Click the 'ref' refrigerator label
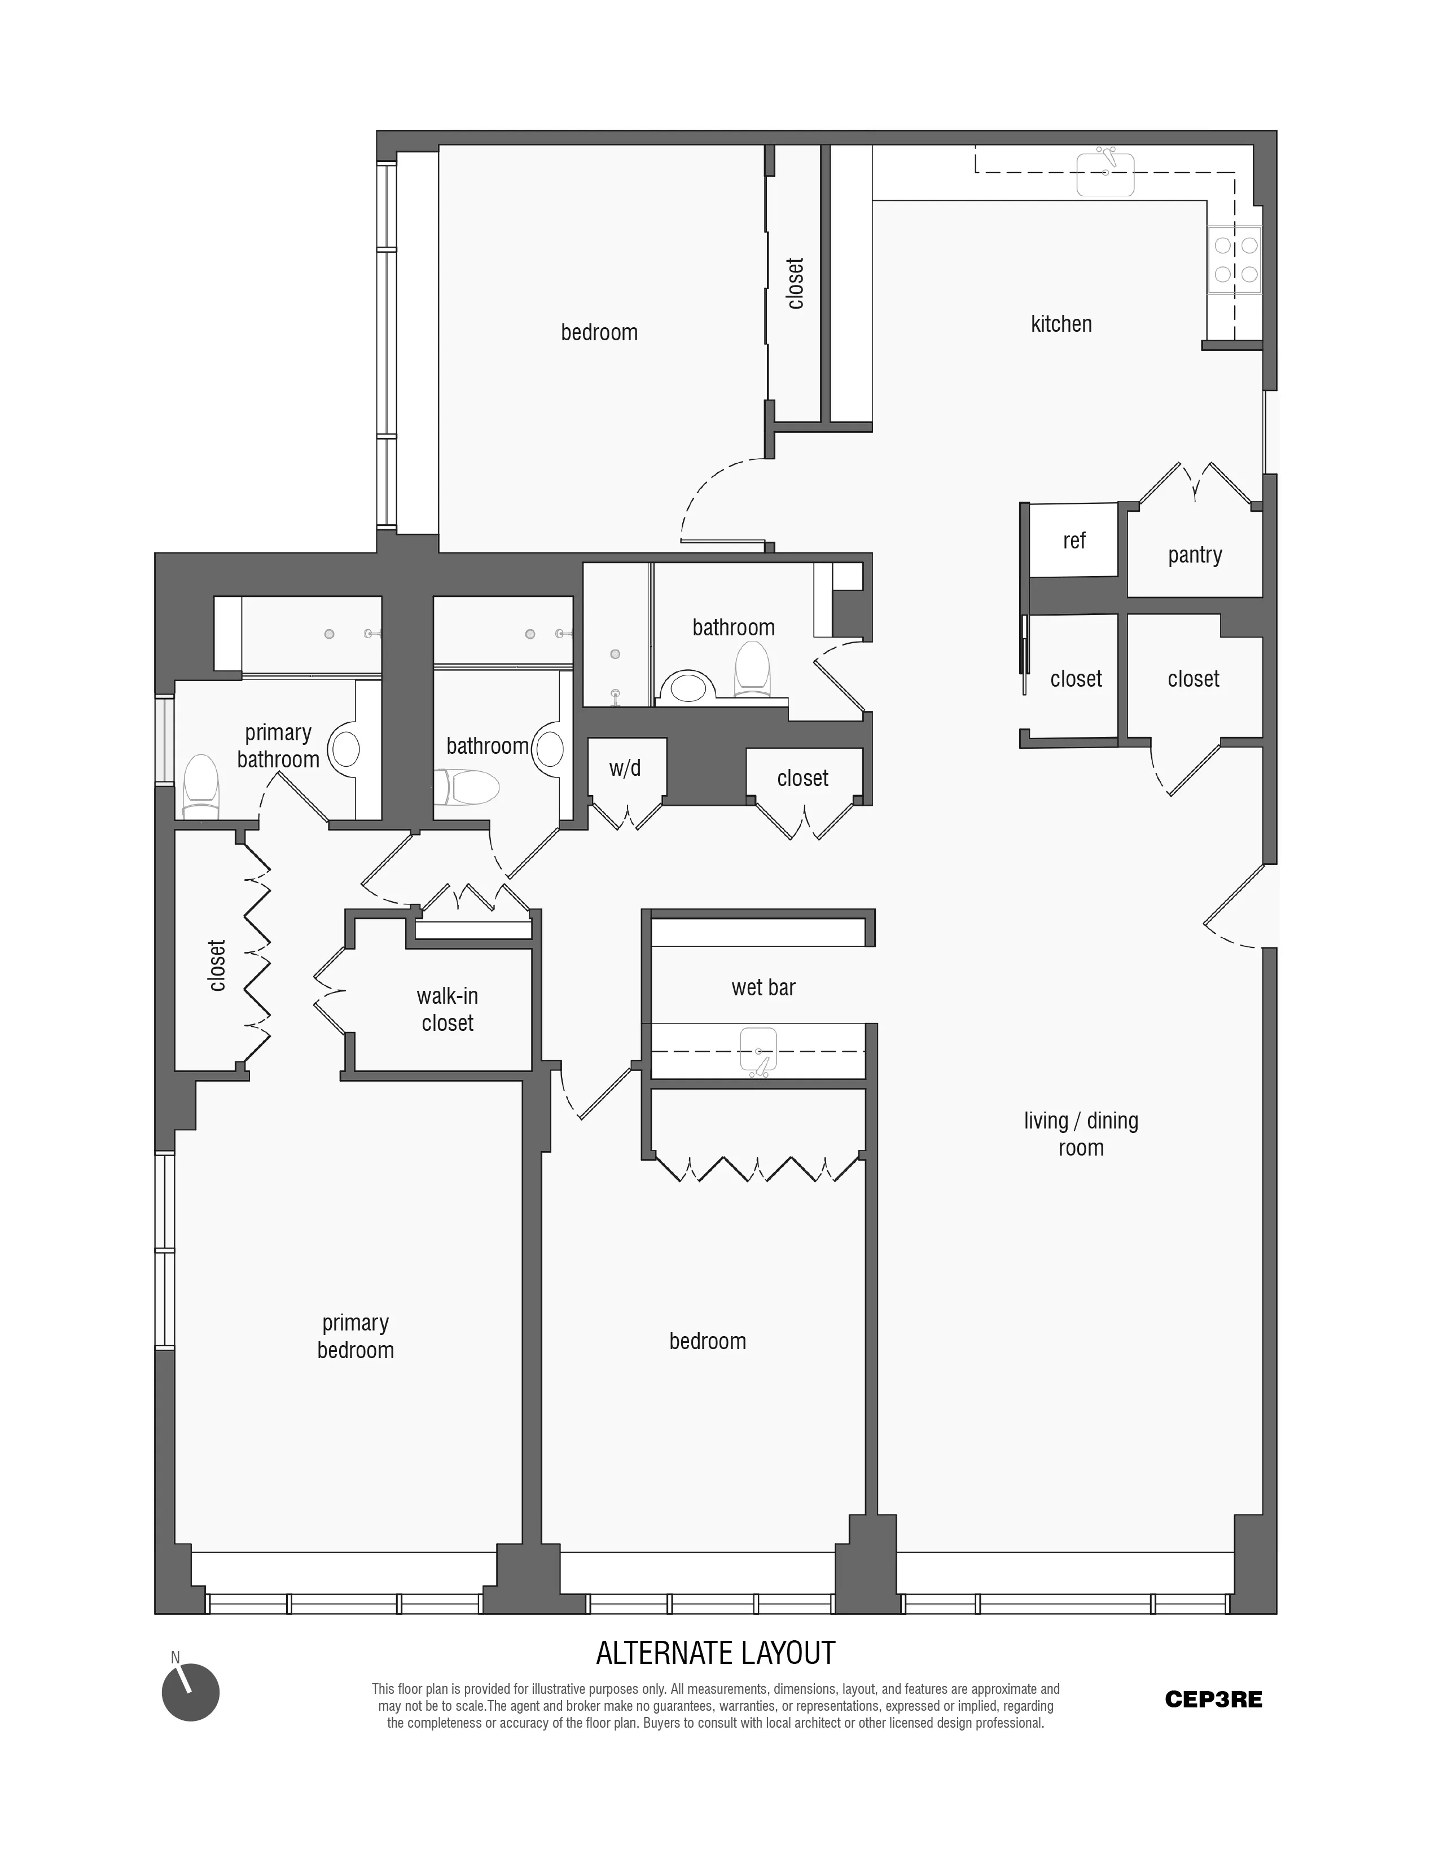click(x=1073, y=541)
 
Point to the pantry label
click(x=1194, y=555)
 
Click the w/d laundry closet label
click(x=625, y=768)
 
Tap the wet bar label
click(x=763, y=987)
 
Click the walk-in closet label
click(x=447, y=1009)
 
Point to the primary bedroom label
click(x=356, y=1336)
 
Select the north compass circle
click(x=191, y=1692)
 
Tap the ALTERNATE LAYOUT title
click(x=715, y=1653)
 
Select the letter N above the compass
click(x=176, y=1657)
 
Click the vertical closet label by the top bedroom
click(x=795, y=283)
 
